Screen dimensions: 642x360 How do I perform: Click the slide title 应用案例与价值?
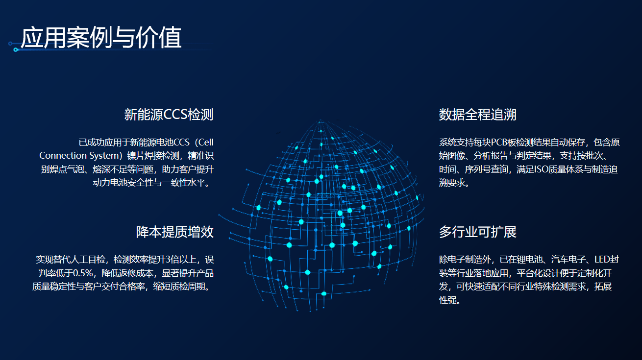click(x=101, y=38)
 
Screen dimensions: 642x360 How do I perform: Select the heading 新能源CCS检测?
click(x=169, y=115)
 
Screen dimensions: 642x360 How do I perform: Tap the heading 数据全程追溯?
click(x=478, y=115)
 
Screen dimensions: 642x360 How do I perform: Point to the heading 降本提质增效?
click(x=175, y=232)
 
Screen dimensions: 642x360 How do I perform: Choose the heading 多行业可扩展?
click(x=478, y=232)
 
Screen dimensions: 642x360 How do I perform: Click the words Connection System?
click(x=79, y=156)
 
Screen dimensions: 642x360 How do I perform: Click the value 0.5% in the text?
click(x=83, y=273)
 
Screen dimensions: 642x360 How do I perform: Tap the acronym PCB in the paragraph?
click(x=499, y=143)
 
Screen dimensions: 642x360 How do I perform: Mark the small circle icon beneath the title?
click(x=16, y=50)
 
